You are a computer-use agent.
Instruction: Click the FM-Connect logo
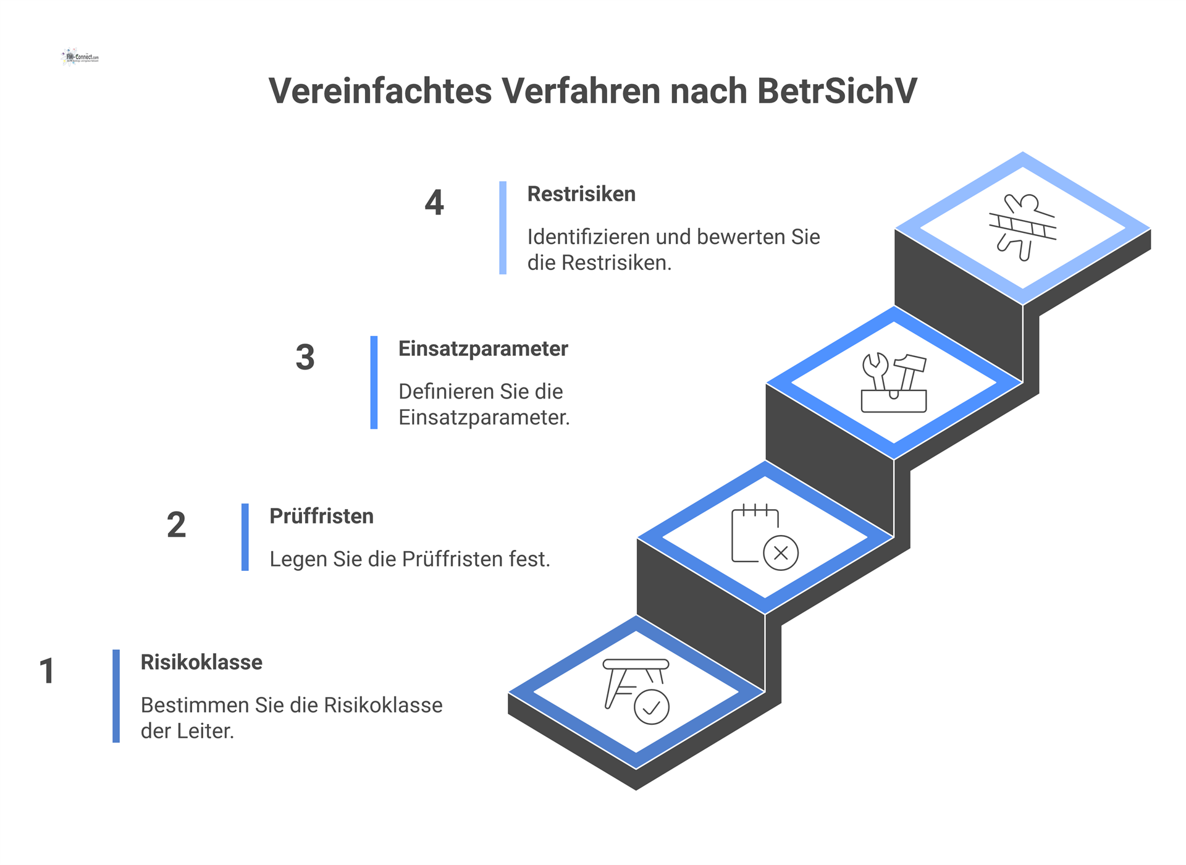[80, 57]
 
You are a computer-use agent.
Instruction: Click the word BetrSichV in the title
[837, 91]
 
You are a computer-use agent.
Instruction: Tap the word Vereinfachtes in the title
[381, 91]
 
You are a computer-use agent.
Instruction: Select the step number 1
[47, 671]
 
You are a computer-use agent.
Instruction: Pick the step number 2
[176, 525]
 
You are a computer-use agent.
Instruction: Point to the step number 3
[305, 357]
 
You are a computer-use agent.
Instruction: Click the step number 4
[434, 202]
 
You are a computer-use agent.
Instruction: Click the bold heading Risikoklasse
[201, 662]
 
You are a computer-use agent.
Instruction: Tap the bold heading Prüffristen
[321, 517]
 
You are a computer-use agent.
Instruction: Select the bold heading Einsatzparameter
[483, 349]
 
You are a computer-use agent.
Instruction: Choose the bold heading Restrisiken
[581, 194]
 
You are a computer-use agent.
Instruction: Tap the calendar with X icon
[765, 536]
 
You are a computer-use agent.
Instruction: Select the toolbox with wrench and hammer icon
[894, 383]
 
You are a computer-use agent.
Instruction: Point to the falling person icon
[1022, 227]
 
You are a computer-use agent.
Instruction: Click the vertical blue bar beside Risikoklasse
[116, 696]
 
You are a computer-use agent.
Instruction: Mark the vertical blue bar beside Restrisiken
[503, 227]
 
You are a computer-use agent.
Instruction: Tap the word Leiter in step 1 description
[205, 732]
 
